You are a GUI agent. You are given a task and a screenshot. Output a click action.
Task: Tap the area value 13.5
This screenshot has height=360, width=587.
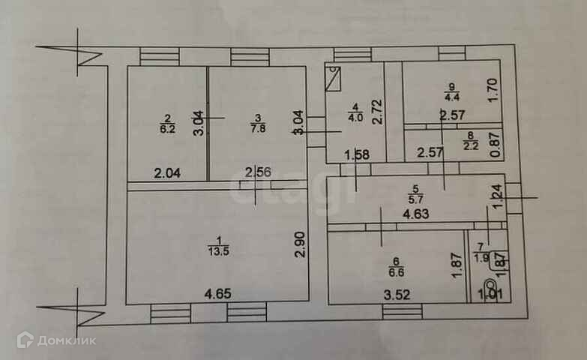[x=217, y=251]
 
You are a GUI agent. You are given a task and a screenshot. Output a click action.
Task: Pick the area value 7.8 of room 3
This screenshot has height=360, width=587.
[x=257, y=128]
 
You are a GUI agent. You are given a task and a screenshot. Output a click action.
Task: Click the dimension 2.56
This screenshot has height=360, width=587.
[x=259, y=172]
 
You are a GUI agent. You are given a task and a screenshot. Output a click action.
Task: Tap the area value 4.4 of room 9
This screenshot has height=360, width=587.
[x=451, y=95]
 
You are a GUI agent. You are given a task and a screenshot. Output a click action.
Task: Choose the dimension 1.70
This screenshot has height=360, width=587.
[x=493, y=91]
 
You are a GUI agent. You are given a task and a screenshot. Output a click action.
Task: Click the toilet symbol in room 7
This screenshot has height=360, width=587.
[x=490, y=286]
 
